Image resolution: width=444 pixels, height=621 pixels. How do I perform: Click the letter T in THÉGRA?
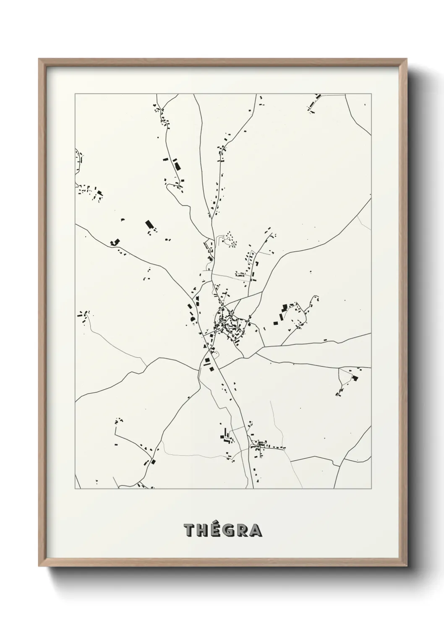pos(189,531)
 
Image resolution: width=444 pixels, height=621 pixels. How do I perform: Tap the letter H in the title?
pos(202,531)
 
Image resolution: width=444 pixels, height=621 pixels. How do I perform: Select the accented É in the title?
pos(215,531)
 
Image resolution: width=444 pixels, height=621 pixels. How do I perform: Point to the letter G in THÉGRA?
pos(228,531)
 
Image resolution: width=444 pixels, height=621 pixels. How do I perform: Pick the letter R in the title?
pos(242,531)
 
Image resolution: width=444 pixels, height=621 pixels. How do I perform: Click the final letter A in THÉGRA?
pos(255,531)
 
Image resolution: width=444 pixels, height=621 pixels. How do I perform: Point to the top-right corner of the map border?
pos(371,94)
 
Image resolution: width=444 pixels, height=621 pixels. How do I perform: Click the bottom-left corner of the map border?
pos(75,489)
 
